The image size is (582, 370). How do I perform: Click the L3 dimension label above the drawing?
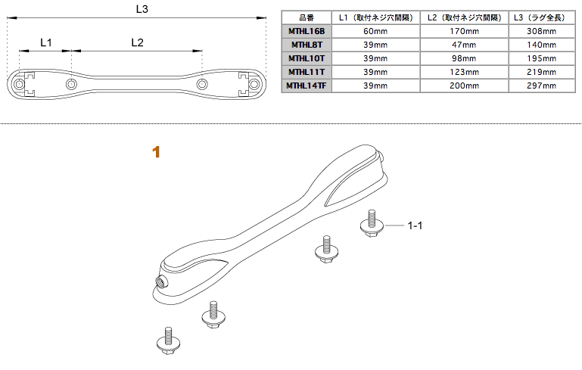click(142, 9)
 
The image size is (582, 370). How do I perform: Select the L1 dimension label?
click(45, 42)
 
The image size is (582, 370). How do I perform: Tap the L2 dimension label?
click(137, 42)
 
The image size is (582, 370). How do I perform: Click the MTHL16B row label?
click(307, 31)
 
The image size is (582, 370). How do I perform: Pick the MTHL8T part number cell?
click(307, 45)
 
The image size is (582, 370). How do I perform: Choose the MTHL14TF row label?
click(307, 86)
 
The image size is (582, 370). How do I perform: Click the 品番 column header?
click(307, 17)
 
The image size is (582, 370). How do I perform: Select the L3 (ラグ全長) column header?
click(541, 17)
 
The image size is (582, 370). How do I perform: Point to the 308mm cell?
click(542, 31)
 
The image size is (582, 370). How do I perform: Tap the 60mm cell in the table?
click(375, 31)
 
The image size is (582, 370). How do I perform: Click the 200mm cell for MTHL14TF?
click(464, 86)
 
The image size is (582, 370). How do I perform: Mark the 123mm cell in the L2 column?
click(464, 72)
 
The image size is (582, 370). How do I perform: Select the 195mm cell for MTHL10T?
click(542, 58)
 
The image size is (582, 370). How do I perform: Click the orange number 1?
click(156, 152)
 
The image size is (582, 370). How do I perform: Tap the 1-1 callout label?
click(415, 225)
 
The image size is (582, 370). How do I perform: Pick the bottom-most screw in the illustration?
click(169, 340)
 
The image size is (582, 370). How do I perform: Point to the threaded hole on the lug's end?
click(162, 281)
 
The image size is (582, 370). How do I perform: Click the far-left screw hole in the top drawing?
click(19, 84)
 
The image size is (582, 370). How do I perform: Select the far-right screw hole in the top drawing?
click(254, 84)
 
